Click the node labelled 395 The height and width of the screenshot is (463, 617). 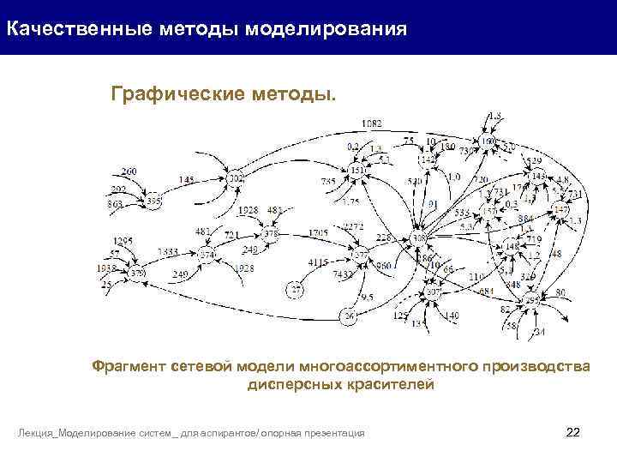pos(153,201)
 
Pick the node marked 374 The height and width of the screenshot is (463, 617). pos(207,255)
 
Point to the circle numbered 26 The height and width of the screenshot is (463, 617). pos(349,317)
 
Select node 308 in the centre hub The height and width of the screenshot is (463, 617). pos(419,238)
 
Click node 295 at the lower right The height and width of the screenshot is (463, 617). pos(533,301)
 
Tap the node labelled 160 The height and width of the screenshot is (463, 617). pos(488,141)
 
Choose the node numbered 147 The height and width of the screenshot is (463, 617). pos(560,210)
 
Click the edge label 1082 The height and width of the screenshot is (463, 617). pos(372,123)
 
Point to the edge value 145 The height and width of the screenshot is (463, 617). pos(187,180)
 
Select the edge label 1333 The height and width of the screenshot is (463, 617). pos(168,251)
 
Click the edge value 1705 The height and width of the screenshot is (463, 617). pos(318,232)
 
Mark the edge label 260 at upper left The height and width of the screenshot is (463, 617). pos(129,171)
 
